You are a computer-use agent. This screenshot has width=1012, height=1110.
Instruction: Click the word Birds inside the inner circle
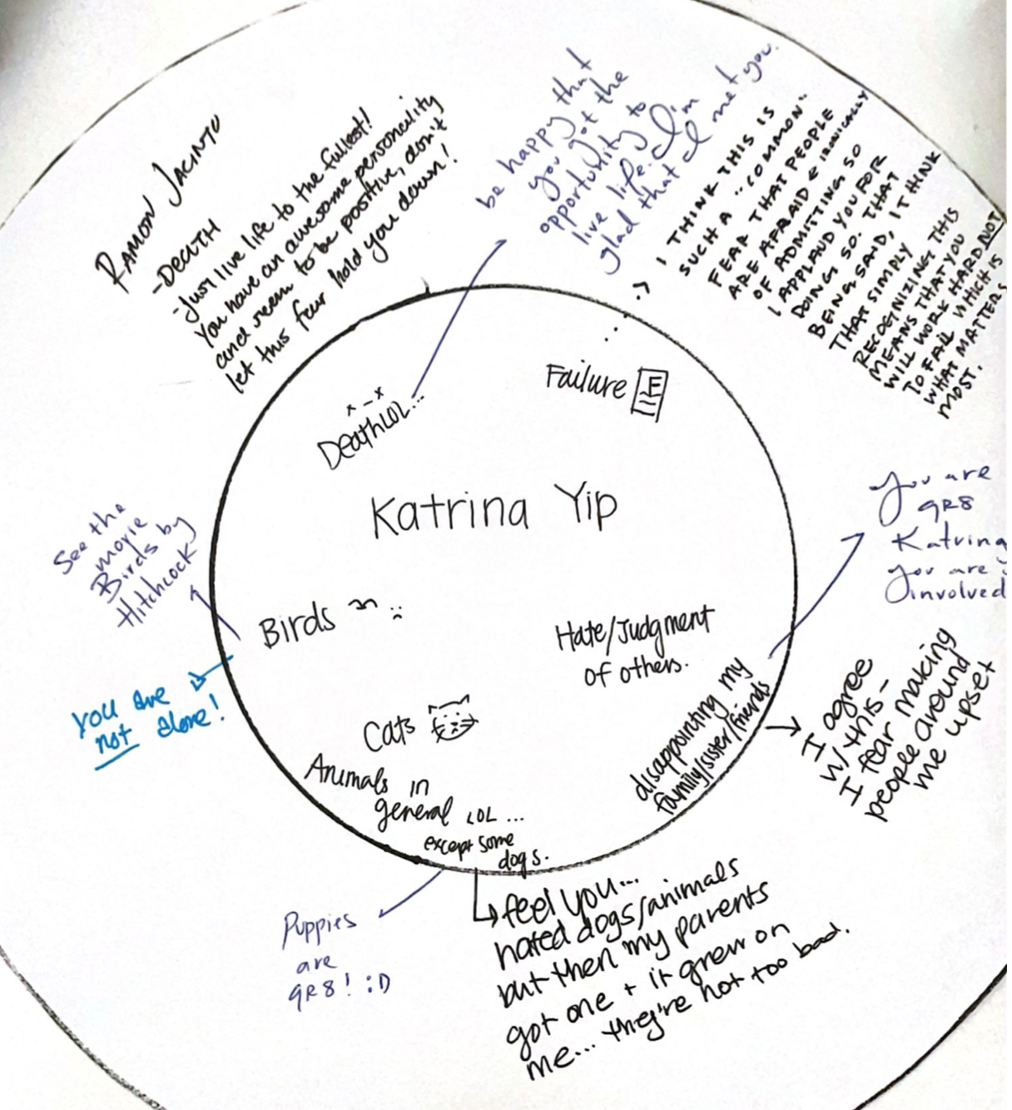click(x=298, y=625)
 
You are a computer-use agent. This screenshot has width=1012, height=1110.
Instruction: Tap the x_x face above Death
click(x=364, y=408)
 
